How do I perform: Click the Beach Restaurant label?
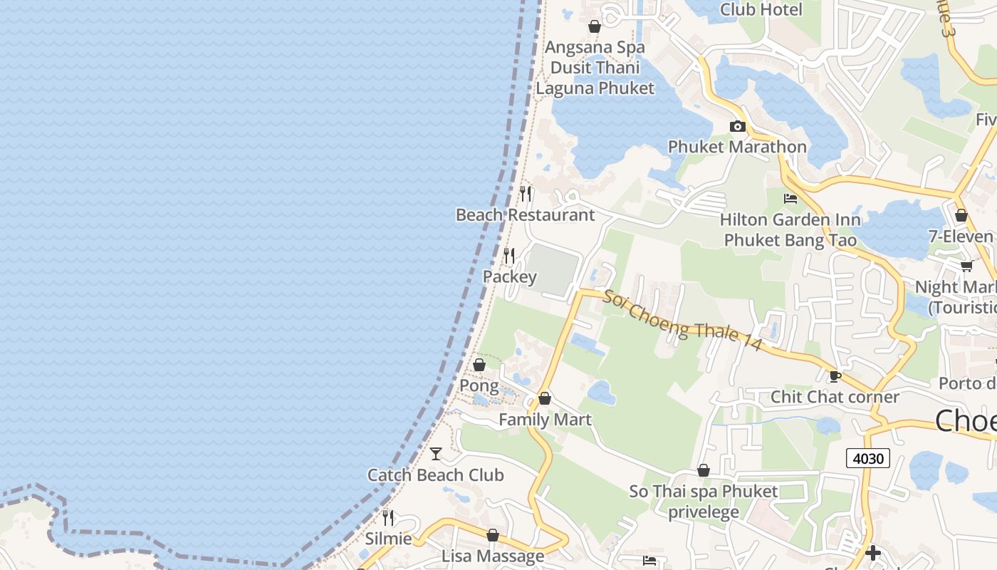(x=525, y=214)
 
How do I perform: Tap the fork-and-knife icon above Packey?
(x=509, y=255)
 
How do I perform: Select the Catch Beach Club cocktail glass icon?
(x=436, y=453)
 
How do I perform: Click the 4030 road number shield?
(x=869, y=458)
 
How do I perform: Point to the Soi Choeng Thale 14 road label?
(x=682, y=321)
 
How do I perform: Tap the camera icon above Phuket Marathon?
(x=738, y=127)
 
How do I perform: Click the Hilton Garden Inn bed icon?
(x=790, y=198)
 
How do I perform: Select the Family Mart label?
(x=545, y=420)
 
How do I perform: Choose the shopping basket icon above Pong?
(x=479, y=365)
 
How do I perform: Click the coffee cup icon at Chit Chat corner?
(x=835, y=376)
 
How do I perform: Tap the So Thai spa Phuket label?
(x=704, y=492)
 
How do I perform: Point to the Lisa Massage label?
(x=493, y=556)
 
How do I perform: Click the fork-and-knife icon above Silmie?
(x=388, y=517)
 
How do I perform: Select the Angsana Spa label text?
(x=595, y=47)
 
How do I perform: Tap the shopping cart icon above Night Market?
(x=966, y=266)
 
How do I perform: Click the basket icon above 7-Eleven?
(x=961, y=215)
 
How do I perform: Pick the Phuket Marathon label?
(x=737, y=147)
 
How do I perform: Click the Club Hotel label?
(x=761, y=9)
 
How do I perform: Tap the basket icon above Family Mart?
(x=545, y=398)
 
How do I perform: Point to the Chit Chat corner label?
(x=835, y=397)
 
